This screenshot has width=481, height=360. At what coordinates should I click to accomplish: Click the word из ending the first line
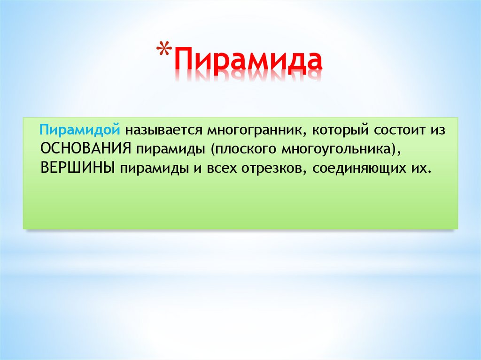coord(438,129)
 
